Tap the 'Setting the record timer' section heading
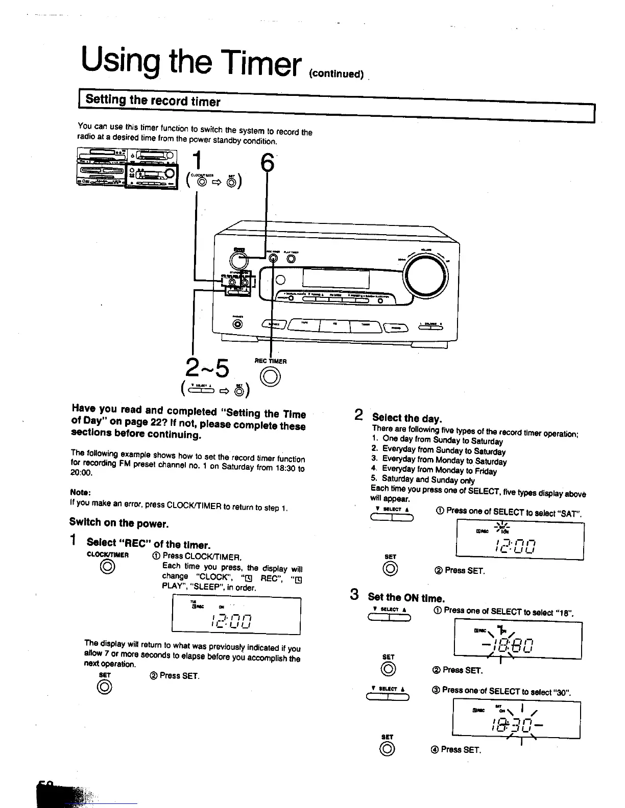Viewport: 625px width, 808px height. point(153,100)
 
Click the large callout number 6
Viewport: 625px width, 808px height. point(267,163)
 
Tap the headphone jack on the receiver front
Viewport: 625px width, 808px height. point(237,323)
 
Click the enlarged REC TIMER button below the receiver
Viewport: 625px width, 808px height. point(271,377)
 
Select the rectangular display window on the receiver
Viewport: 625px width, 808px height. point(336,279)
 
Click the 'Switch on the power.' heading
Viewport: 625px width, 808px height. point(119,523)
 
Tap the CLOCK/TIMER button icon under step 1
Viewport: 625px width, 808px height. point(107,567)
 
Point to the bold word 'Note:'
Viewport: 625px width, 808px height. point(80,493)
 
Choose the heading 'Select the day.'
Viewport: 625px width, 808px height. point(406,419)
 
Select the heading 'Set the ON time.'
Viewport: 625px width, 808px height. point(406,597)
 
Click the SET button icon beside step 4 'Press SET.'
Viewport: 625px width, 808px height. point(388,749)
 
